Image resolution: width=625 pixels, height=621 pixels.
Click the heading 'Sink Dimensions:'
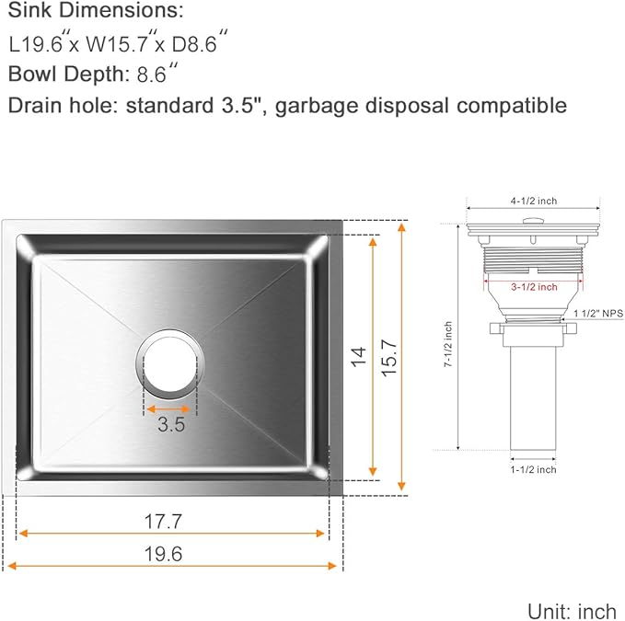tap(96, 13)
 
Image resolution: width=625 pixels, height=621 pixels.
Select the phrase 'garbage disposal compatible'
tap(422, 105)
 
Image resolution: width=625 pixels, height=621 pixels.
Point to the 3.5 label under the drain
tap(171, 425)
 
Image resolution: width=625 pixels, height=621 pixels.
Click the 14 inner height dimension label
tap(358, 355)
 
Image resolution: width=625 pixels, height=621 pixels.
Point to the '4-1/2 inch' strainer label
tap(534, 201)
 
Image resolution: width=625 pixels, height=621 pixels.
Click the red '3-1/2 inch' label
tap(534, 287)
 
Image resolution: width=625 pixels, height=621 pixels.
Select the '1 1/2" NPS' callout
tap(598, 314)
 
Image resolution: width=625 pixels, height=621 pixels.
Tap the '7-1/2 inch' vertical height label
tap(448, 345)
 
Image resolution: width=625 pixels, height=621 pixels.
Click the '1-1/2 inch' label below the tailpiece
tap(534, 469)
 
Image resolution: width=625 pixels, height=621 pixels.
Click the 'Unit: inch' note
tap(571, 610)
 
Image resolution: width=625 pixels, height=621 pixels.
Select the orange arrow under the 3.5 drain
tap(171, 408)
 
